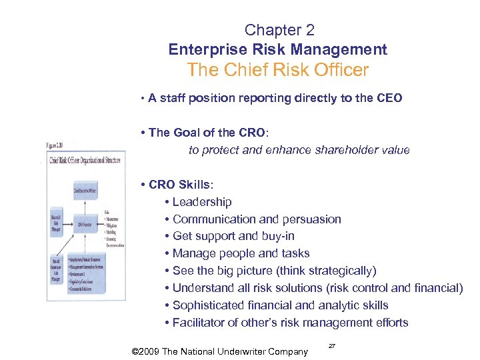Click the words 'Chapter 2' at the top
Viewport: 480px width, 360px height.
coord(279,30)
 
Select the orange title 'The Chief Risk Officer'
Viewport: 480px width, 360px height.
coord(278,70)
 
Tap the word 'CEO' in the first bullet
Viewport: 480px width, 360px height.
coord(389,98)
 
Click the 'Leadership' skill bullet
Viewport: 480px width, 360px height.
coord(201,202)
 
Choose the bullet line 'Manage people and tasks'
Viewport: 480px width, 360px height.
coord(241,253)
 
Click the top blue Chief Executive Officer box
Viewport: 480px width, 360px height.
coord(85,190)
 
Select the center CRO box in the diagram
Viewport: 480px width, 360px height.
coord(85,225)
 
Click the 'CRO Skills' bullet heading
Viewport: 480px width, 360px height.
coord(179,185)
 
